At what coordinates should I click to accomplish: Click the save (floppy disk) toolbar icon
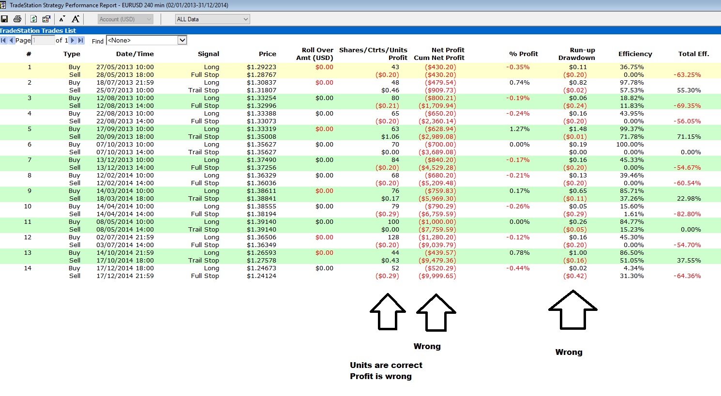(4, 19)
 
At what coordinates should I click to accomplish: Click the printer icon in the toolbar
(17, 19)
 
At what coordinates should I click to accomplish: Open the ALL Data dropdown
(212, 19)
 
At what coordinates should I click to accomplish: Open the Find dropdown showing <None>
(147, 40)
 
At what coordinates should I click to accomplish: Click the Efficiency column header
(635, 54)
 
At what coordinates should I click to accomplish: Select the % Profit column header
(524, 54)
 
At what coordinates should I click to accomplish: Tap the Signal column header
(208, 54)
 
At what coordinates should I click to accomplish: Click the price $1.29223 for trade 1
(261, 67)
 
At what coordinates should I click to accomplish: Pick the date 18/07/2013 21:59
(125, 83)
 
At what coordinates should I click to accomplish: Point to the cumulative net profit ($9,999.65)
(437, 276)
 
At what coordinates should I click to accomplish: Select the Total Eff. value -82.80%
(687, 214)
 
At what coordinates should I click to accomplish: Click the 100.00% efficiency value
(630, 145)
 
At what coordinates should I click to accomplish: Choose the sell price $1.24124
(261, 276)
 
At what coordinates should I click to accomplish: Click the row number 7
(30, 160)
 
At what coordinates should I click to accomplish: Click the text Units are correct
(386, 365)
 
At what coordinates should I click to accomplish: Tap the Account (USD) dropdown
(125, 19)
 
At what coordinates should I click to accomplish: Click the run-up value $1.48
(578, 129)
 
